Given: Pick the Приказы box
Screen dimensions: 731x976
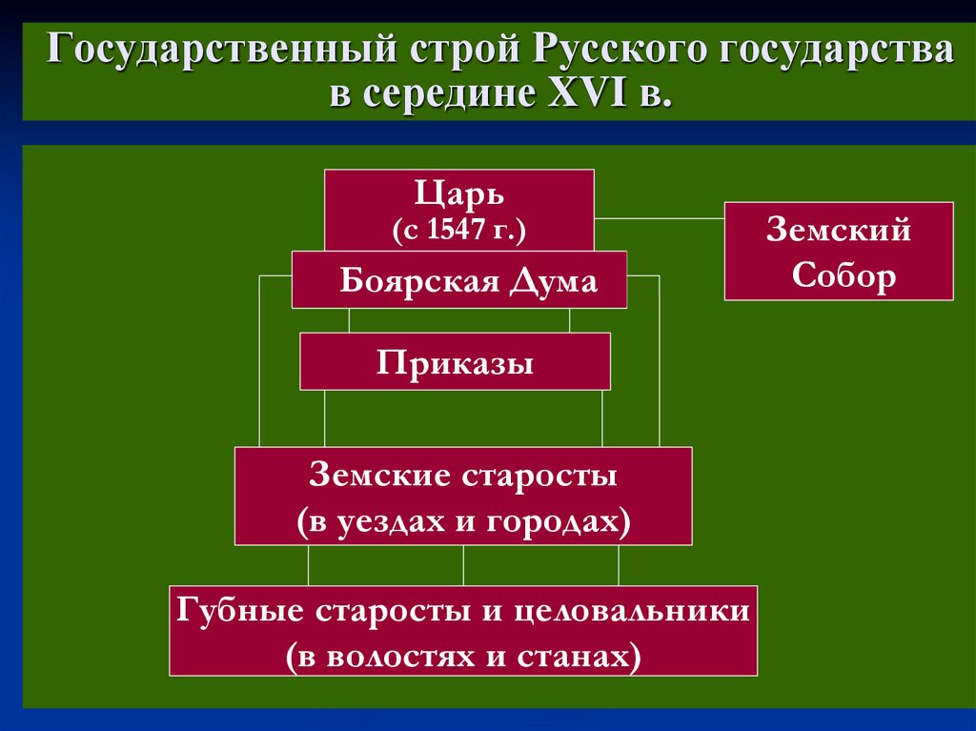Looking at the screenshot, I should coord(455,362).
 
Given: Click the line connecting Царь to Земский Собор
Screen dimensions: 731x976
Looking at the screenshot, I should coord(659,218).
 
